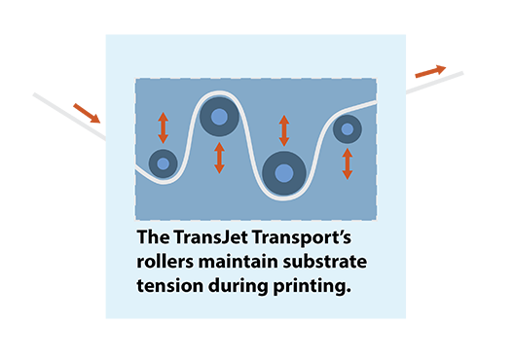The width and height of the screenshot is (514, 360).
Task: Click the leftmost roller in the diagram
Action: (x=163, y=163)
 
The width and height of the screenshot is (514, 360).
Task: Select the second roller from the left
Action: (x=220, y=118)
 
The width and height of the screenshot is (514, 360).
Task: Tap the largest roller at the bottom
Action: (x=283, y=173)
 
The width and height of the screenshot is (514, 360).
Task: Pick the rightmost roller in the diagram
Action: (x=348, y=127)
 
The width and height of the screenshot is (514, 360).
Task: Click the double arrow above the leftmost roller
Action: (x=164, y=127)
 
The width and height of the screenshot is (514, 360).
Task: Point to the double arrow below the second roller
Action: (x=220, y=159)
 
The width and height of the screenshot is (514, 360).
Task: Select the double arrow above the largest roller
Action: (x=284, y=130)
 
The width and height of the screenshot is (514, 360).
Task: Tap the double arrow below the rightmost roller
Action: (x=348, y=162)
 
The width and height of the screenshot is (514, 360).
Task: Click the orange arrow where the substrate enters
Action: (x=86, y=113)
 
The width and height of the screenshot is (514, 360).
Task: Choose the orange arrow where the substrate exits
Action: (x=430, y=71)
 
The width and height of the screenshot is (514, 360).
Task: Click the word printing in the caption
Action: (x=312, y=288)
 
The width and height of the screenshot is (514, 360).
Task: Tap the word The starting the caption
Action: (x=154, y=238)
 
